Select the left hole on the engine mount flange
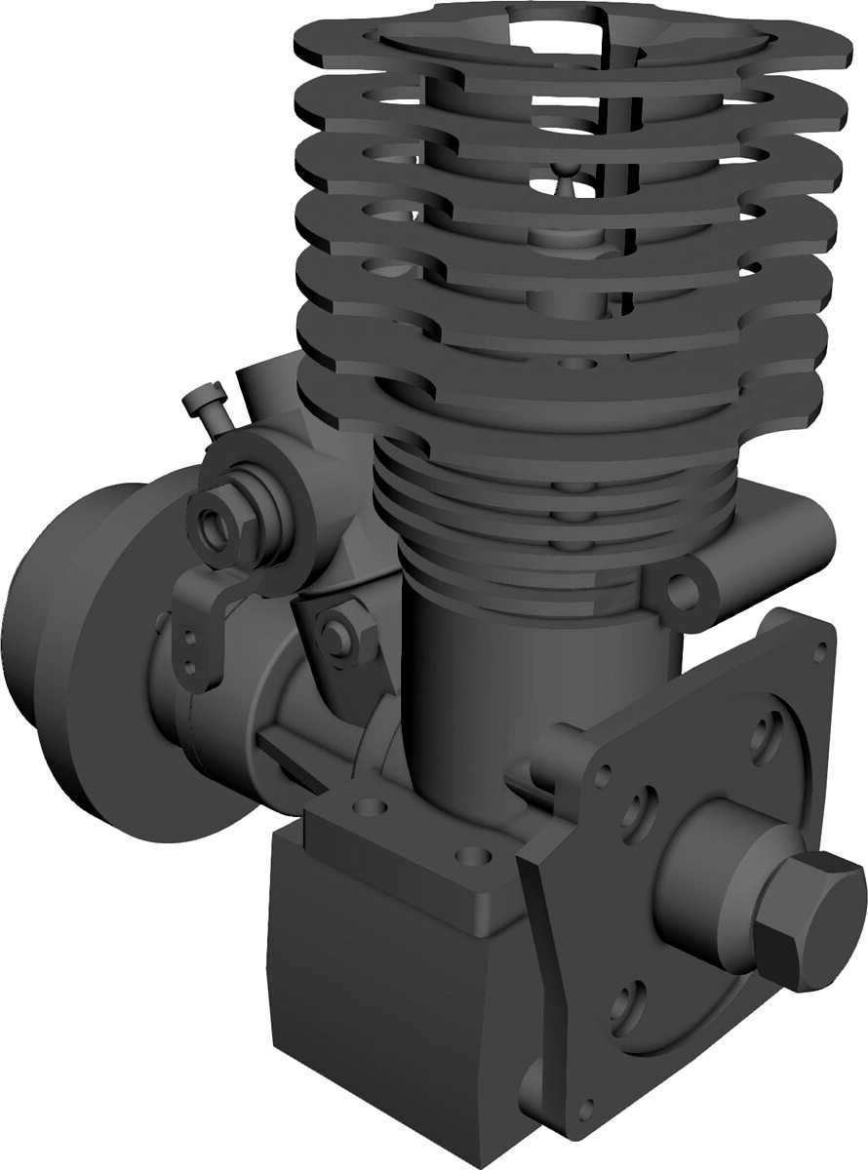pos(369,808)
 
